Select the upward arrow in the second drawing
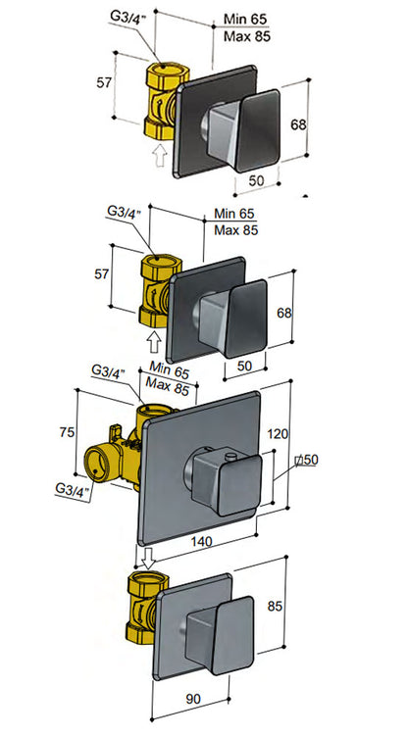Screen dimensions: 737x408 [153, 340]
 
